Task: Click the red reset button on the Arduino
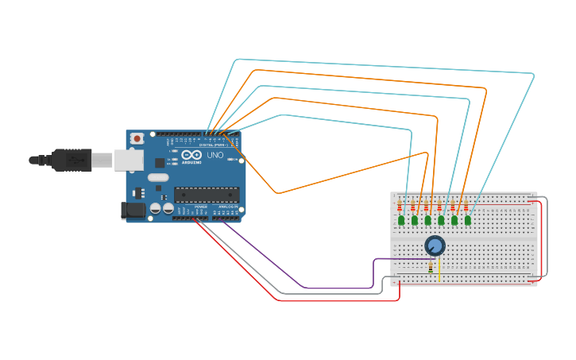point(137,138)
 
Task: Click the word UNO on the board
point(215,155)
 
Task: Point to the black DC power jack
point(133,210)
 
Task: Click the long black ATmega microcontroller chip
point(207,194)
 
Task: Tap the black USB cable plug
point(72,160)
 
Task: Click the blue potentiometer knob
point(435,246)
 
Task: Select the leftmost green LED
point(401,220)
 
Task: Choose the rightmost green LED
point(468,220)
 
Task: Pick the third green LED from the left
point(427,220)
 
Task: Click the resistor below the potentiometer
point(431,268)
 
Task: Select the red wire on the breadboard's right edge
point(541,238)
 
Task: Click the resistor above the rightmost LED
point(466,208)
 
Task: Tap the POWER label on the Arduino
point(200,207)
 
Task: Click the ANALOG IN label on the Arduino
point(227,207)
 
